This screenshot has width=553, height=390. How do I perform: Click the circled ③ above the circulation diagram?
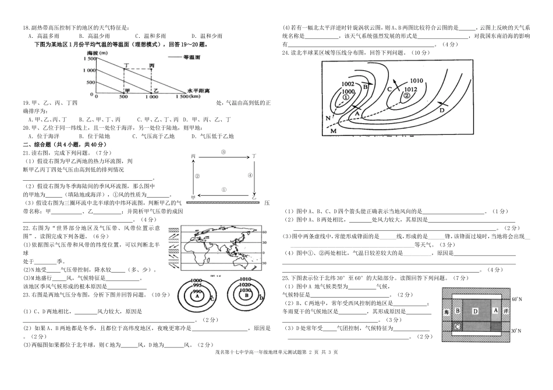tap(223, 152)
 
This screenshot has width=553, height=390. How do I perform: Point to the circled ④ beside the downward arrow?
tap(249, 175)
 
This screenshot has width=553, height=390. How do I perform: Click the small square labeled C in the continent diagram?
tap(458, 327)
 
